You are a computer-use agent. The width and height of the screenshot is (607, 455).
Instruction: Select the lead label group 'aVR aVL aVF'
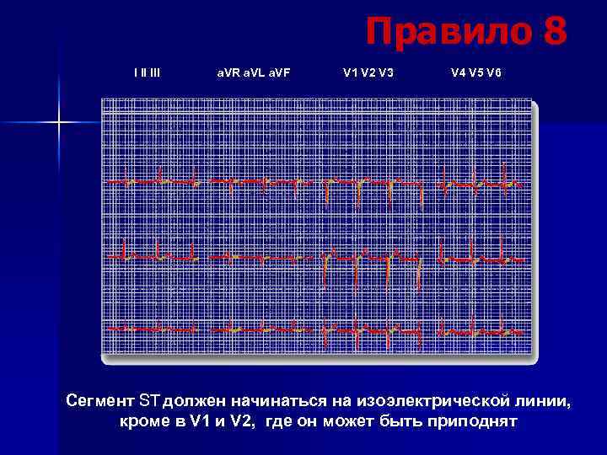point(252,72)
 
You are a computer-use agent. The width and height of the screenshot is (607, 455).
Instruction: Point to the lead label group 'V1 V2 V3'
point(368,72)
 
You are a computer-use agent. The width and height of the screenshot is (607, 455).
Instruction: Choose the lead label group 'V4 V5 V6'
point(475,72)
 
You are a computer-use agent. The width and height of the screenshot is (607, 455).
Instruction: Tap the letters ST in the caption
point(149,400)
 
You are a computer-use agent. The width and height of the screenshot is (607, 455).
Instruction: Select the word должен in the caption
point(194,400)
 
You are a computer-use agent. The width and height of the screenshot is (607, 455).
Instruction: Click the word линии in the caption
point(538,400)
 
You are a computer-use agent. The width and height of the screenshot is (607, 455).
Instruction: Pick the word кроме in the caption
point(144,421)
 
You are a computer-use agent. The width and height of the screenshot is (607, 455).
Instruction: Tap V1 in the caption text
point(196,421)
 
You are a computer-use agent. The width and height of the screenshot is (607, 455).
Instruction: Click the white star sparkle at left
point(59,124)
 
